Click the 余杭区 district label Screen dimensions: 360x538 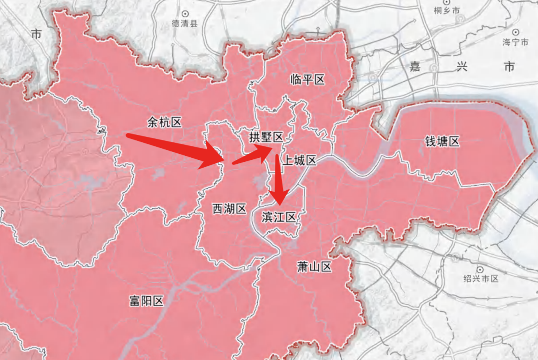click(x=164, y=122)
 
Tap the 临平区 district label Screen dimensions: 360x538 click(x=307, y=80)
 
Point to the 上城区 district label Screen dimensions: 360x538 click(x=299, y=160)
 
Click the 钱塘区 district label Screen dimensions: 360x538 click(x=442, y=142)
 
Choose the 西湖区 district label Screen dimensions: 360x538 click(x=230, y=209)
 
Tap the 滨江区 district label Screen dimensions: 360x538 click(x=279, y=217)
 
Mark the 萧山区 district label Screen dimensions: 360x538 click(x=314, y=267)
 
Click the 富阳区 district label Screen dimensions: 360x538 click(x=146, y=301)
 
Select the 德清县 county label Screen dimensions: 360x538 click(x=185, y=23)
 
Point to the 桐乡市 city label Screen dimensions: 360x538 click(x=446, y=10)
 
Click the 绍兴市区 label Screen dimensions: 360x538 click(x=481, y=279)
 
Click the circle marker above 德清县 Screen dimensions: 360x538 click(x=185, y=13)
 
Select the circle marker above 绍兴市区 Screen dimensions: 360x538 click(x=481, y=269)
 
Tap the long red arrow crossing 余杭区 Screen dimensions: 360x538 click(x=174, y=148)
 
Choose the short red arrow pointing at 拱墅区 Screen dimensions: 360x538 click(x=253, y=155)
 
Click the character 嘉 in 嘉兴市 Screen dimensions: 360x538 click(x=415, y=66)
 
